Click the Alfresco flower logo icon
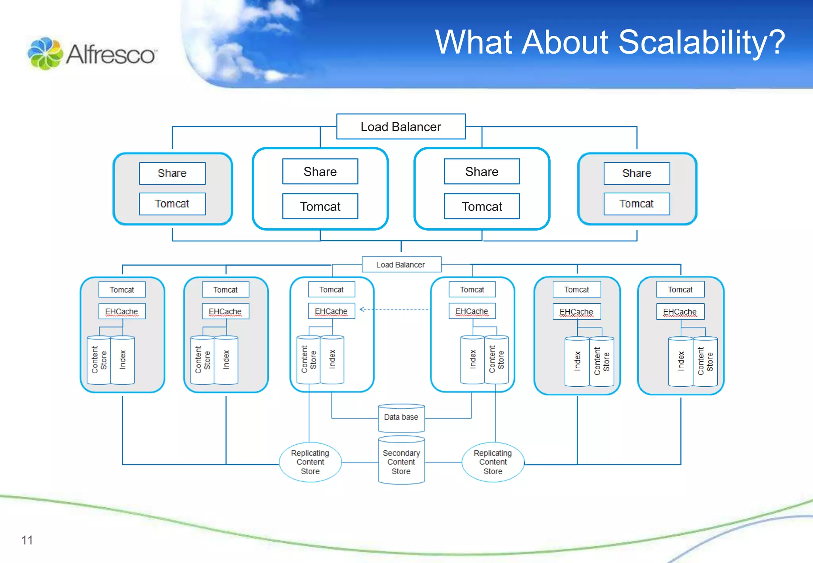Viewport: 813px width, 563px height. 45,54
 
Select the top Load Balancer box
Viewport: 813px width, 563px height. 401,127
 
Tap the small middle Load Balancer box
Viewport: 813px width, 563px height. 401,264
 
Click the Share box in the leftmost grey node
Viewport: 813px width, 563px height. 172,173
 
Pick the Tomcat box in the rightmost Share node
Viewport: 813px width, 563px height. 636,204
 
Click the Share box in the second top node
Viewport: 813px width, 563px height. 320,172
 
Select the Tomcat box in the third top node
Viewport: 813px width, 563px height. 482,206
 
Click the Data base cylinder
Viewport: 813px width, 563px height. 401,418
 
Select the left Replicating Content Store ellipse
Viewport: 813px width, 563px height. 310,462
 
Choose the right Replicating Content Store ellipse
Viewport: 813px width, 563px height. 493,462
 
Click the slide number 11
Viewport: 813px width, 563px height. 27,540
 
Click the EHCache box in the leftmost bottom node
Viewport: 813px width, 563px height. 121,311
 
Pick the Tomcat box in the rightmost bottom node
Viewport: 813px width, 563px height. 680,289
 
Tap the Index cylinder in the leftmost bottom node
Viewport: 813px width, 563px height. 122,360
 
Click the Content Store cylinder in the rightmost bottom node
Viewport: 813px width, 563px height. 705,361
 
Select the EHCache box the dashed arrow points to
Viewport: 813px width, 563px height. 331,311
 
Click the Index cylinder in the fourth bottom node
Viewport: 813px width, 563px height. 472,360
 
